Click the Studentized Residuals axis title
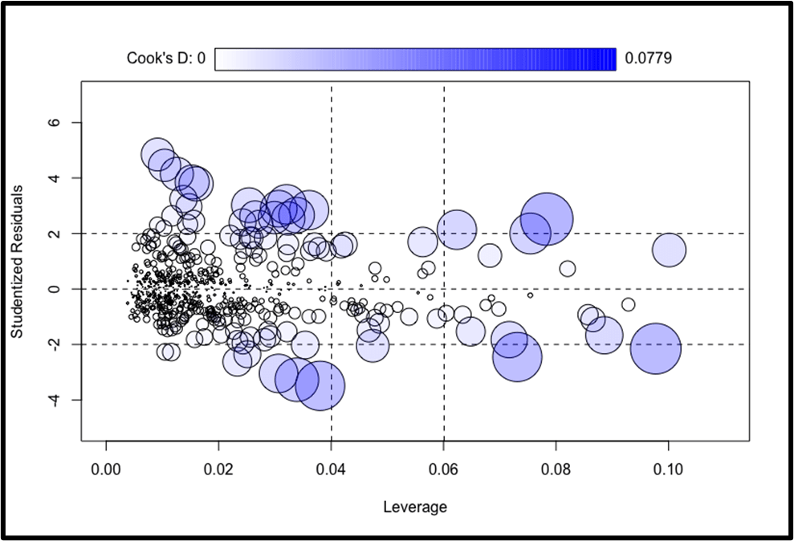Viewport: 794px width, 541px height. point(17,262)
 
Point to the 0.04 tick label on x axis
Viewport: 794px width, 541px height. point(331,469)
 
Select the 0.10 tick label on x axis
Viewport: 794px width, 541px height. point(667,469)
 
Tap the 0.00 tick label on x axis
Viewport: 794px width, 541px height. point(106,469)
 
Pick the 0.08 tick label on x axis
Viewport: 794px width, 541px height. point(555,469)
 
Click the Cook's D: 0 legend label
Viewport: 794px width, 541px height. point(166,59)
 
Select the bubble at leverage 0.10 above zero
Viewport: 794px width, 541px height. point(669,250)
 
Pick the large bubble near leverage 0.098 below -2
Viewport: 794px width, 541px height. point(656,348)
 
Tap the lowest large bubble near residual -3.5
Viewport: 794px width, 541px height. point(320,385)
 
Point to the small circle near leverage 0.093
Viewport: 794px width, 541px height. point(628,304)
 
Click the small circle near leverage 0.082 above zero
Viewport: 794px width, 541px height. point(568,268)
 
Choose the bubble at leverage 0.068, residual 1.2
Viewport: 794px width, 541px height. point(490,255)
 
